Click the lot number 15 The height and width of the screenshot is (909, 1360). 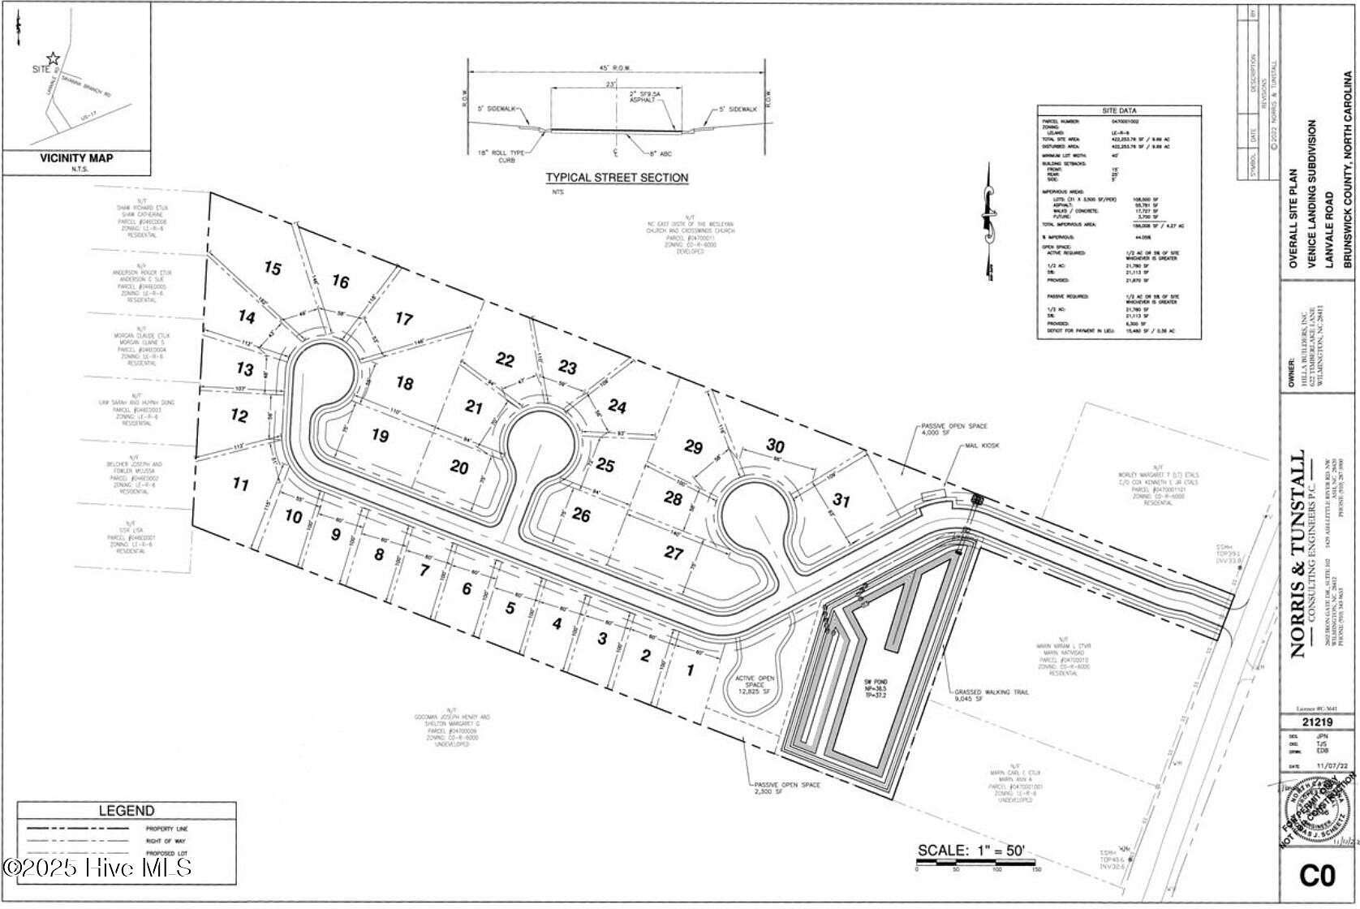point(273,268)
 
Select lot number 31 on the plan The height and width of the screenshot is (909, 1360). point(841,501)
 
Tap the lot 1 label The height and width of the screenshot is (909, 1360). point(691,670)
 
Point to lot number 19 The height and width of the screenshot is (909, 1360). point(380,436)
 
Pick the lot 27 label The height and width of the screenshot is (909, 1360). point(674,553)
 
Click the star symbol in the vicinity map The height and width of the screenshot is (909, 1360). point(53,58)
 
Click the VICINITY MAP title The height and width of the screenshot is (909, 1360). point(76,158)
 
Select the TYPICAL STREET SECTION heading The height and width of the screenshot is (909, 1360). point(617,178)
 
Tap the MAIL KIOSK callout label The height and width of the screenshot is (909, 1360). point(983,446)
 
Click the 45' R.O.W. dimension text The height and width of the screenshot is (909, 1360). point(617,67)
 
